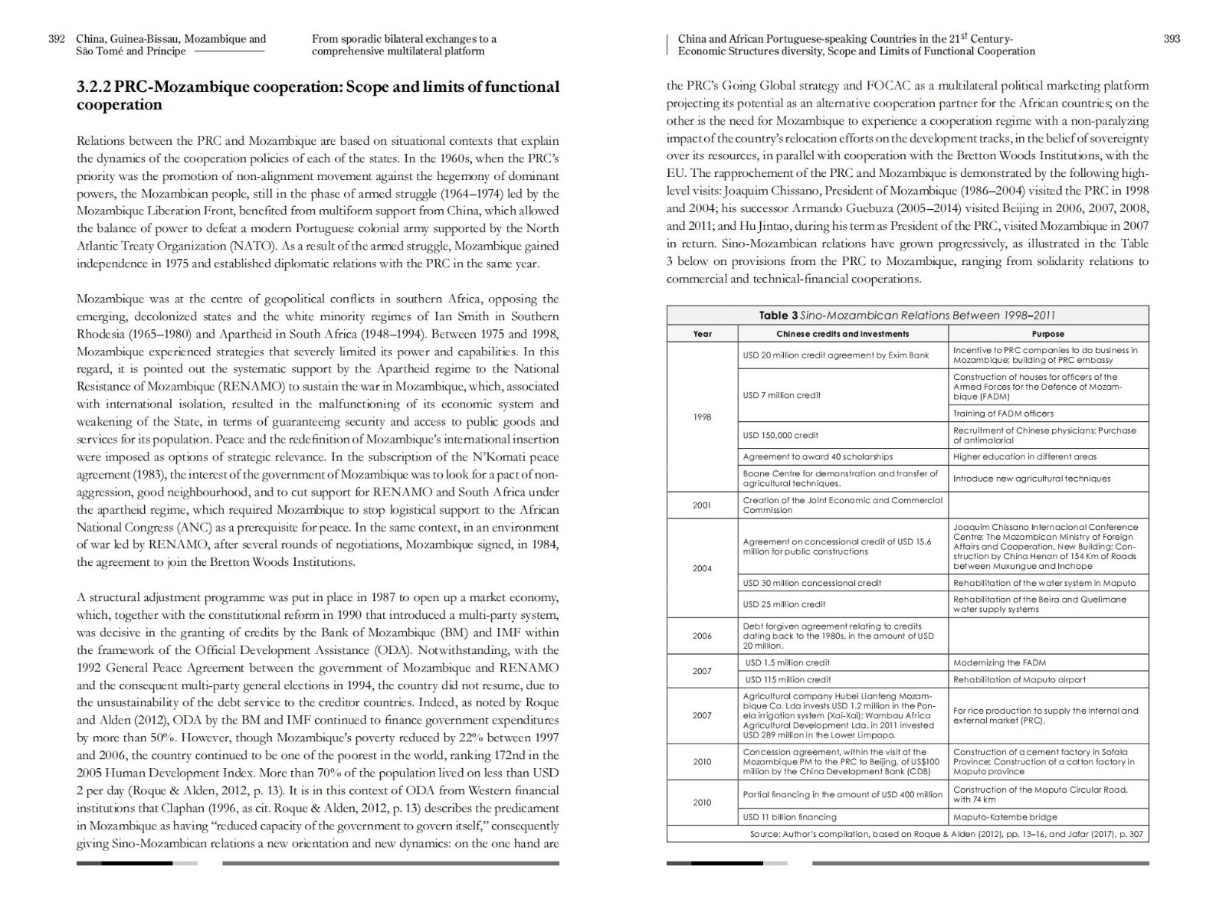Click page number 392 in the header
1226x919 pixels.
57,39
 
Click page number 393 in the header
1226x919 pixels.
1172,39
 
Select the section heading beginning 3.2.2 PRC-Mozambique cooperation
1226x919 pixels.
317,96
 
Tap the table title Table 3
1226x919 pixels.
907,316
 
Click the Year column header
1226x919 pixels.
702,334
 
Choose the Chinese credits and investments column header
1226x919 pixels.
842,334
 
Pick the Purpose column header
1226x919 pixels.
1047,334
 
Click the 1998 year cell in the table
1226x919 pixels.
702,417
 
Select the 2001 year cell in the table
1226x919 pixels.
702,505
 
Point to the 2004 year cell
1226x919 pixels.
702,568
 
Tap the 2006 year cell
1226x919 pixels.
702,636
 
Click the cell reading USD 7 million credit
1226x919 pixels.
782,395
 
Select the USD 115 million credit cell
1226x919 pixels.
788,679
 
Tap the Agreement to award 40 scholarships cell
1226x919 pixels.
818,456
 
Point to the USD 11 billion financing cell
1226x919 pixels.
789,817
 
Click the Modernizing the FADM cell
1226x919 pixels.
999,662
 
